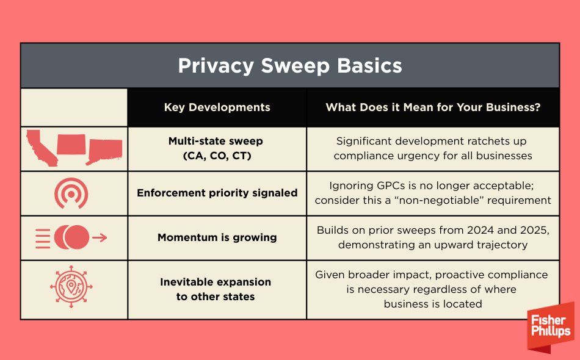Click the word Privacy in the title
pyautogui.click(x=216, y=66)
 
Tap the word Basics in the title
pyautogui.click(x=369, y=65)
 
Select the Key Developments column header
pyautogui.click(x=217, y=107)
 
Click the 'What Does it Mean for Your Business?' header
pyautogui.click(x=433, y=107)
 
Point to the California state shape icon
pyautogui.click(x=42, y=148)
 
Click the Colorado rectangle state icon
pyautogui.click(x=71, y=144)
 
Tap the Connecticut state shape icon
pyautogui.click(x=104, y=151)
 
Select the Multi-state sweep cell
pyautogui.click(x=217, y=148)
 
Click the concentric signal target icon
pyautogui.click(x=71, y=193)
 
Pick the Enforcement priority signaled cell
pyautogui.click(x=217, y=193)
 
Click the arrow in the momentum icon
pyautogui.click(x=100, y=237)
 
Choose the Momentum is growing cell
pyautogui.click(x=217, y=237)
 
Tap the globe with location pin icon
pyautogui.click(x=71, y=286)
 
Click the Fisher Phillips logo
pyautogui.click(x=551, y=326)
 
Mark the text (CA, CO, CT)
pyautogui.click(x=217, y=156)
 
